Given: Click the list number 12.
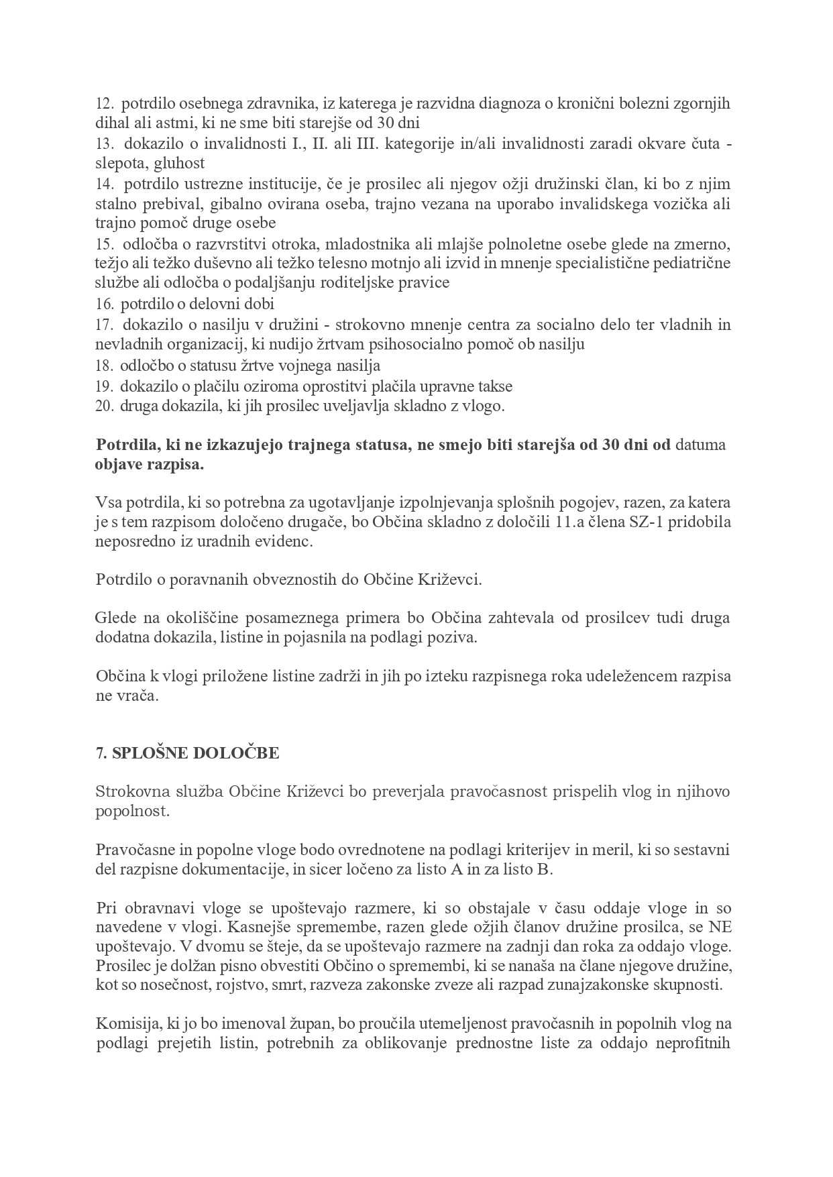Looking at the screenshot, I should tap(105, 104).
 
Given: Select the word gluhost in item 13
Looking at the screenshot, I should tap(179, 163).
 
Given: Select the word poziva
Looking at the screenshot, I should tap(457, 637).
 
